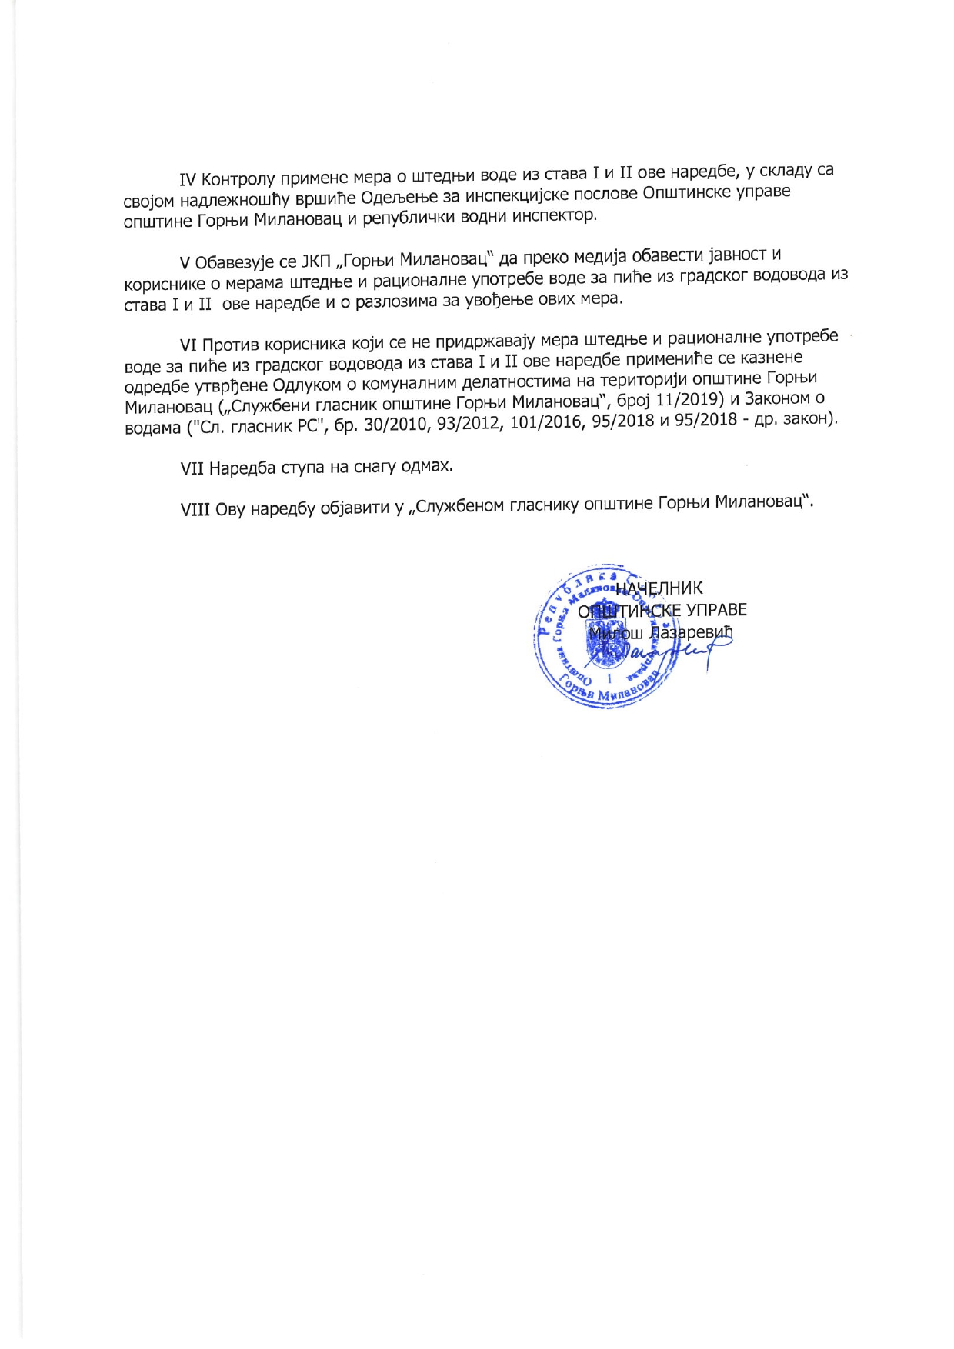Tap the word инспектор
click(x=549, y=215)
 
